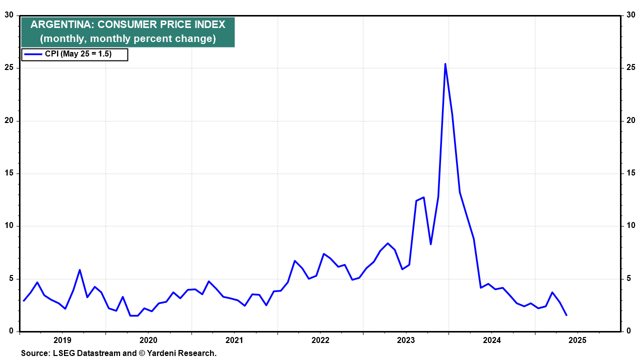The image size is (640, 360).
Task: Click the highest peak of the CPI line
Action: pos(445,64)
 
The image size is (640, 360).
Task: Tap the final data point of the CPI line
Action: pos(566,315)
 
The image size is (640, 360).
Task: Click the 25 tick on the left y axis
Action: pos(9,68)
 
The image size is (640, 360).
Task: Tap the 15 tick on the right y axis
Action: pos(631,173)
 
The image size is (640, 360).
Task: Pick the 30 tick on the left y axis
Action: pos(9,15)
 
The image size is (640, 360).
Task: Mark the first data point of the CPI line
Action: pos(23,300)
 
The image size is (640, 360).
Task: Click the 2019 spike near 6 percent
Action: pos(79,270)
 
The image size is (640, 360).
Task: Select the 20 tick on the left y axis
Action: pos(9,120)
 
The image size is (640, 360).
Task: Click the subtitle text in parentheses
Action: pos(128,38)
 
